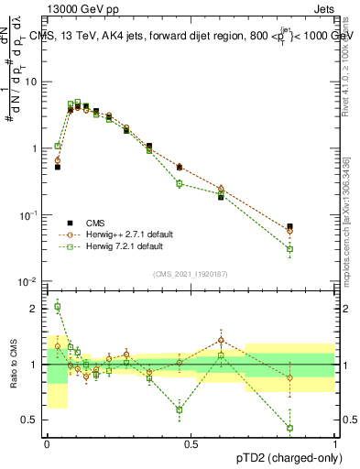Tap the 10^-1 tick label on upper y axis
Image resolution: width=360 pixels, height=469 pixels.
tap(29, 214)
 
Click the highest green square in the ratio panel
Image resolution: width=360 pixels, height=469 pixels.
tap(57, 307)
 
